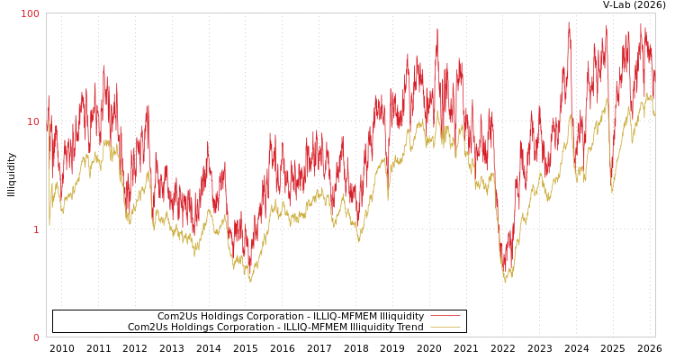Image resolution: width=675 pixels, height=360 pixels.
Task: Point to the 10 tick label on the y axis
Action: (x=33, y=121)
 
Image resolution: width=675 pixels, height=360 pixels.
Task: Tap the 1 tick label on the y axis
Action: (x=36, y=229)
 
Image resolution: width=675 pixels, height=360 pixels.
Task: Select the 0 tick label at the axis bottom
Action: (x=36, y=337)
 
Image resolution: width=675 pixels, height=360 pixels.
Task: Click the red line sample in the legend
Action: (x=445, y=316)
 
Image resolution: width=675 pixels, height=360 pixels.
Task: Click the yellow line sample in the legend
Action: (x=445, y=327)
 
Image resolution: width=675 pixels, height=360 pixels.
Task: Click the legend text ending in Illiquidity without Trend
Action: (x=291, y=316)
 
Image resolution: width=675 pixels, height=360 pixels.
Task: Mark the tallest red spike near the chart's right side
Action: (x=569, y=22)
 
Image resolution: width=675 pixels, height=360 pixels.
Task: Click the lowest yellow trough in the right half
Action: (x=505, y=282)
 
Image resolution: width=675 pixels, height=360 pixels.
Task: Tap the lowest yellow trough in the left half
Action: (x=250, y=282)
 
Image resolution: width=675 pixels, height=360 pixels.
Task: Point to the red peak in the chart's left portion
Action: (x=103, y=67)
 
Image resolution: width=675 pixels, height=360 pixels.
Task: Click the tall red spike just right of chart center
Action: (x=437, y=29)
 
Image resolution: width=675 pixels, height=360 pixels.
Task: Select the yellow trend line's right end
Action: (x=654, y=115)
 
